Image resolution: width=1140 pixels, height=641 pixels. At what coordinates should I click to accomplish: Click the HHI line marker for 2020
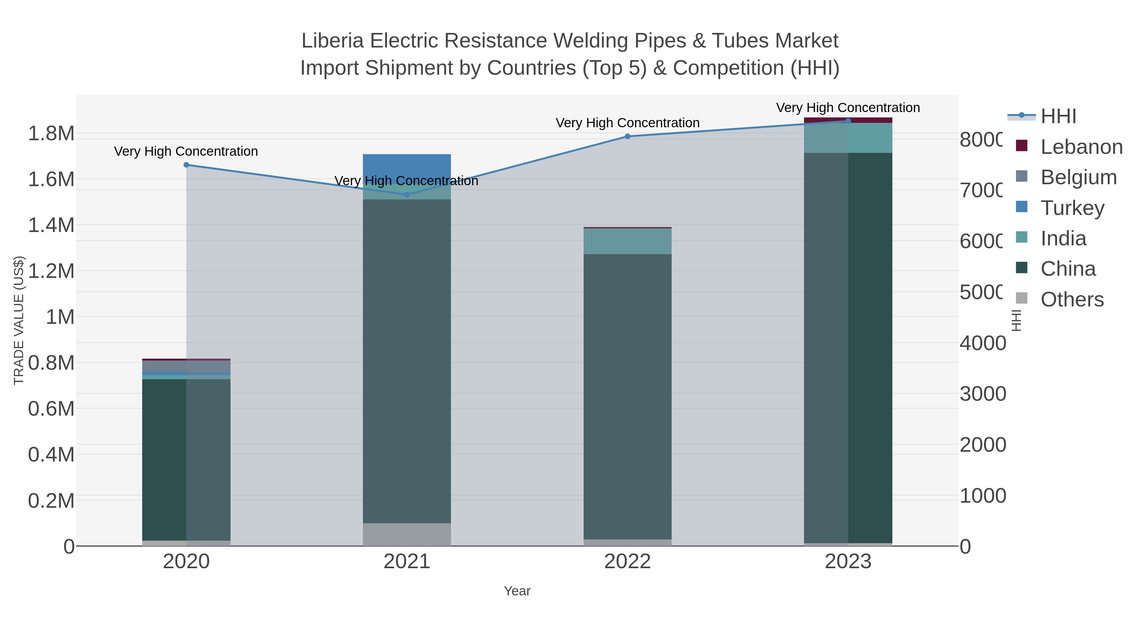point(186,165)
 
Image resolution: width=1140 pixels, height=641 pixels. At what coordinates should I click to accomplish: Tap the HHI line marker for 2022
point(628,136)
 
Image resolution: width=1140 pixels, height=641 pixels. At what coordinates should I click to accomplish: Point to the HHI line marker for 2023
point(848,121)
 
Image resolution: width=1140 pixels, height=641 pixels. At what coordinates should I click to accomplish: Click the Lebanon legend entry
point(1081,147)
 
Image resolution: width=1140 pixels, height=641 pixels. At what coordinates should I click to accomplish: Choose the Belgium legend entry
point(1079,177)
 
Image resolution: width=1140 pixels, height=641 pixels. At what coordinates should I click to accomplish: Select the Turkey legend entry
point(1072,208)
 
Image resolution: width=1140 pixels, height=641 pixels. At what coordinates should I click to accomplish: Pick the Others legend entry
point(1072,299)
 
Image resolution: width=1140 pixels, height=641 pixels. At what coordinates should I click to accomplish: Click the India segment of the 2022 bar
point(628,242)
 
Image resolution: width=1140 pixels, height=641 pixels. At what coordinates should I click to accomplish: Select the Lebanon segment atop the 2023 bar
point(848,120)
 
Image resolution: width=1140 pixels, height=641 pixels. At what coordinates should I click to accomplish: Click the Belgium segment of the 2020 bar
point(186,366)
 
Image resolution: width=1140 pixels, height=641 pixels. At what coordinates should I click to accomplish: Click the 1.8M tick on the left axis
point(51,134)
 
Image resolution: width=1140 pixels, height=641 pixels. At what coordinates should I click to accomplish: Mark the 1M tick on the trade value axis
point(60,317)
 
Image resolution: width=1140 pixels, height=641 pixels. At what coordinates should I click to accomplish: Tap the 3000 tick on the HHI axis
point(982,394)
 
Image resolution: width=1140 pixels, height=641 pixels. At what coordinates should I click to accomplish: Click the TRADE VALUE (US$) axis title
point(19,320)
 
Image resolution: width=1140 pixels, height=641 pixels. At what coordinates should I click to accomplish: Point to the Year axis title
point(517,591)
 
